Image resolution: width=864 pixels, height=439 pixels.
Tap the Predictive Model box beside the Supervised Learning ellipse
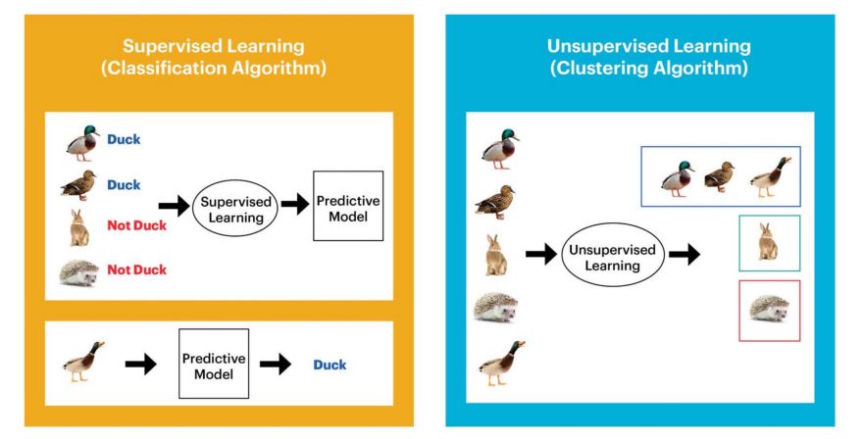(347, 205)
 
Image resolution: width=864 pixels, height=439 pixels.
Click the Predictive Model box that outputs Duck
(213, 364)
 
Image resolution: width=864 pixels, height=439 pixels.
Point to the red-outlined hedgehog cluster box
(769, 311)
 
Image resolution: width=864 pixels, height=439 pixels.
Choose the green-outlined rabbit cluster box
(769, 243)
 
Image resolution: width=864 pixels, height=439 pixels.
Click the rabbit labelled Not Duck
(79, 226)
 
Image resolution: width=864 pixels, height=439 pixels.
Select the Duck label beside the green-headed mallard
(124, 139)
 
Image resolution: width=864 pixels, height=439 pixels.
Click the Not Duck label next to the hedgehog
(135, 270)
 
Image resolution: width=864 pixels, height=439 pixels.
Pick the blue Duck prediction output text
(330, 365)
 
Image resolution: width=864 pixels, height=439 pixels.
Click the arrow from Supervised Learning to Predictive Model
(294, 205)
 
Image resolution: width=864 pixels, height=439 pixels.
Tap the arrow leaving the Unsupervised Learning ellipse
(685, 255)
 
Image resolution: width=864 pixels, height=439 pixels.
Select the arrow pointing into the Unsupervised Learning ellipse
(541, 255)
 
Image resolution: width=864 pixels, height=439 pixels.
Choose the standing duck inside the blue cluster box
(770, 173)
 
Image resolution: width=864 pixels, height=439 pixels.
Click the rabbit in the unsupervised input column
(495, 255)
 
